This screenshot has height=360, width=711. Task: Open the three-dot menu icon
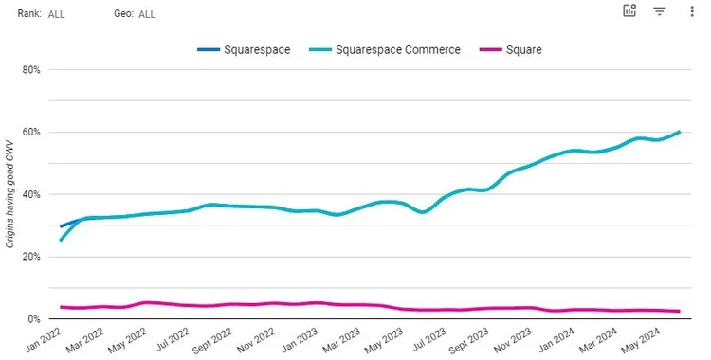tap(691, 11)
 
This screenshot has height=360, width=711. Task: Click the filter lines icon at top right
tap(660, 11)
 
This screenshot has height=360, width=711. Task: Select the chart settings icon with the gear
tap(629, 11)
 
